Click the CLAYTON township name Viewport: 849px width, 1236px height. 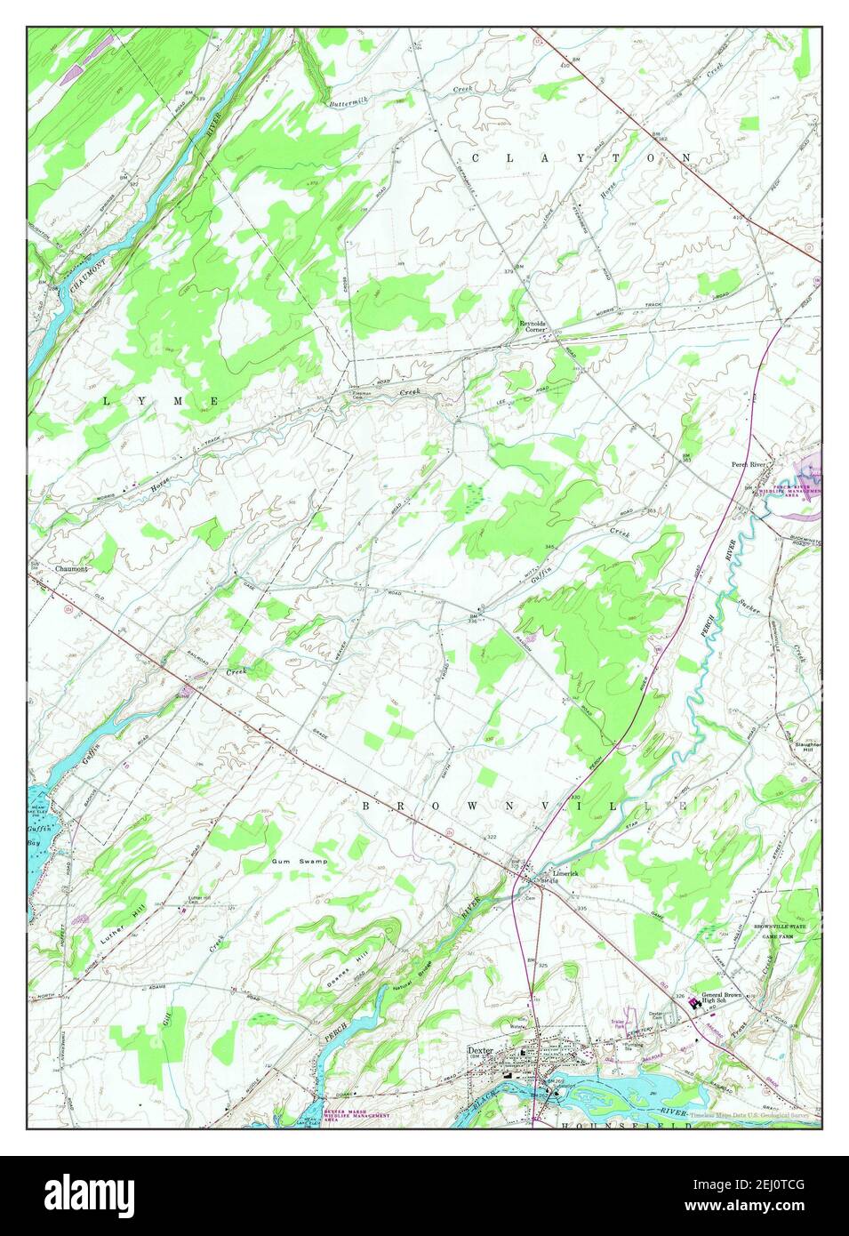click(x=581, y=157)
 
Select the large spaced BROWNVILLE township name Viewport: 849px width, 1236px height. click(x=525, y=805)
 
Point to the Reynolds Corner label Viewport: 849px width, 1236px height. click(x=535, y=325)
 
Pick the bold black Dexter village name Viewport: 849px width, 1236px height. click(x=481, y=1049)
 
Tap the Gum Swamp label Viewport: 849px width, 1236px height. click(x=300, y=862)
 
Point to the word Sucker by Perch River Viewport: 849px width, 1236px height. click(x=748, y=603)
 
